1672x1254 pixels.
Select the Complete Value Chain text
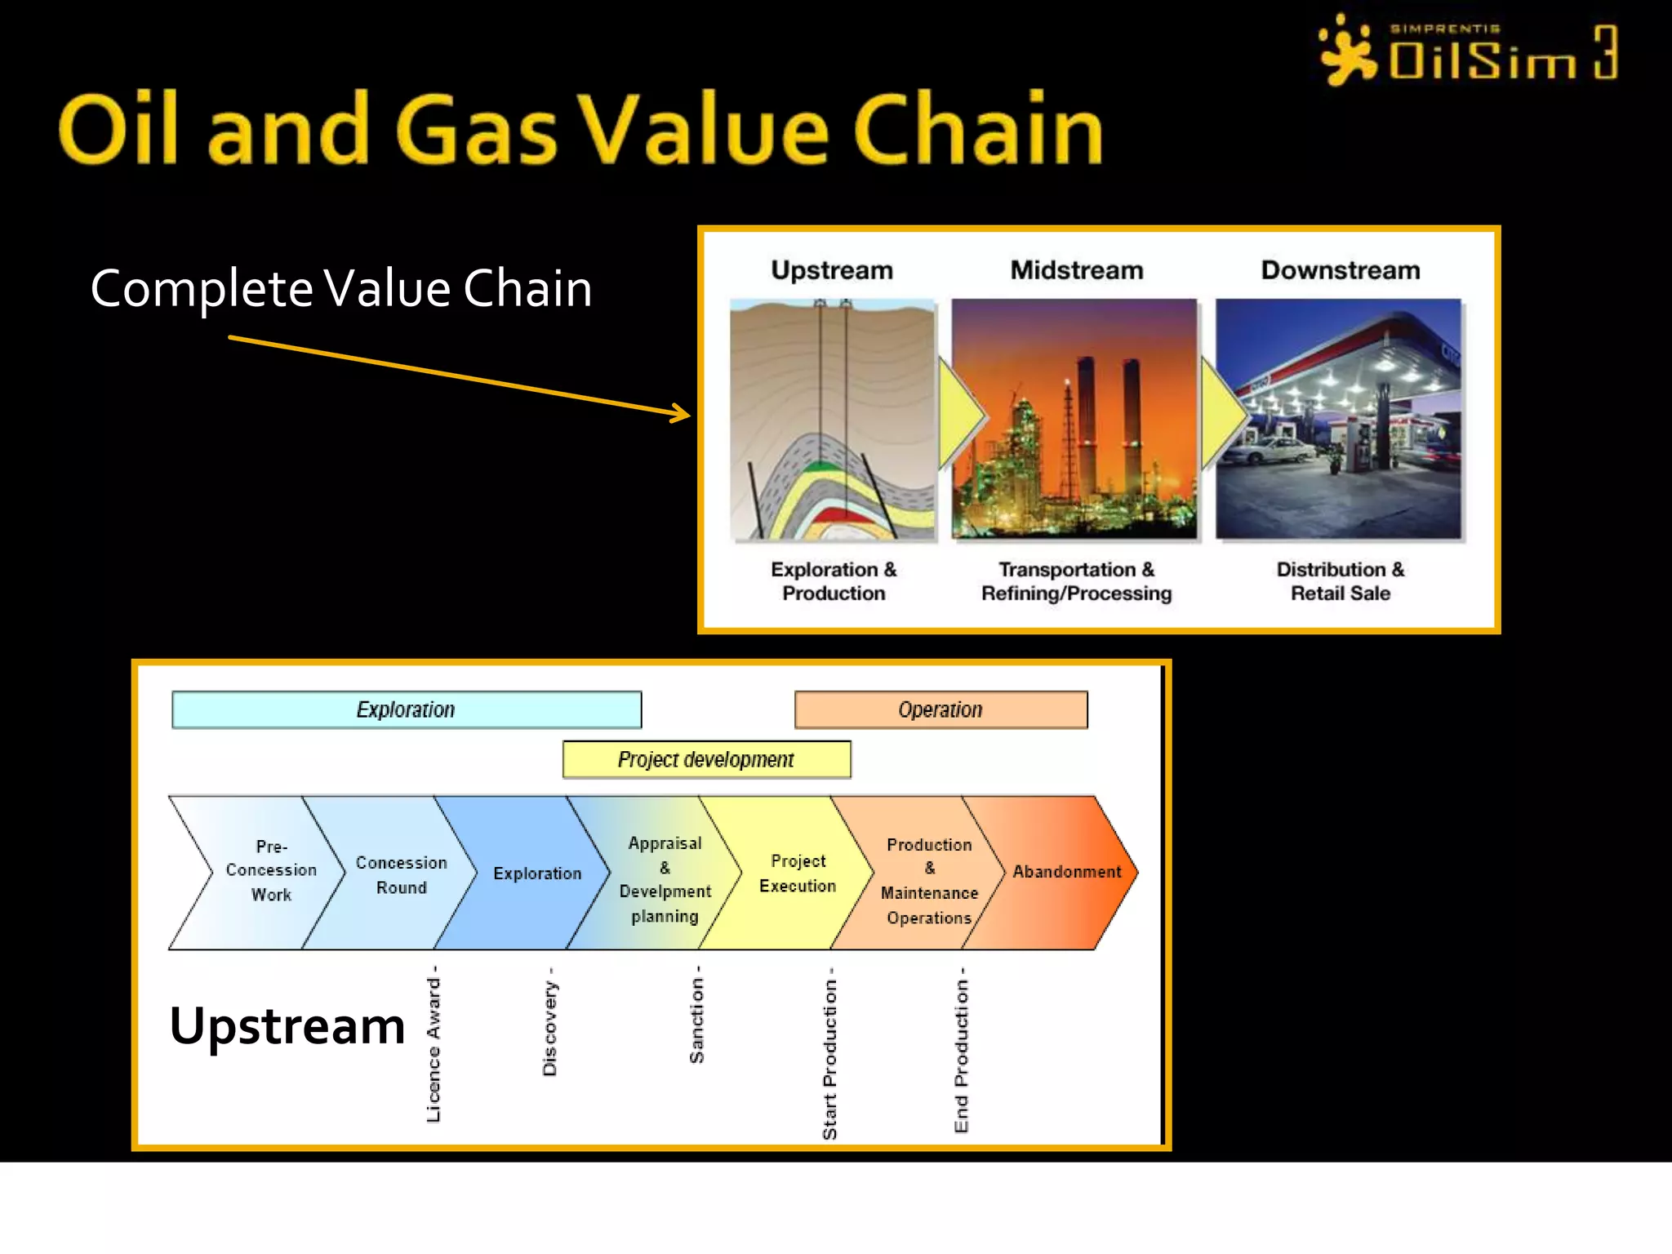pyautogui.click(x=341, y=288)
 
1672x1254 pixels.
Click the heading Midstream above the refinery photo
pyautogui.click(x=1076, y=270)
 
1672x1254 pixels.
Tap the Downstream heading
pyautogui.click(x=1340, y=270)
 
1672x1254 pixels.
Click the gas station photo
pyautogui.click(x=1338, y=419)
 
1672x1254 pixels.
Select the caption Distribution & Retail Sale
pyautogui.click(x=1340, y=581)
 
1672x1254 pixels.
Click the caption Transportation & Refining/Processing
pyautogui.click(x=1076, y=581)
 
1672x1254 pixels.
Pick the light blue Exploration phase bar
pyautogui.click(x=406, y=709)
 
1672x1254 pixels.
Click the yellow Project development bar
pyautogui.click(x=706, y=759)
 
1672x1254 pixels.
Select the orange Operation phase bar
pyautogui.click(x=940, y=709)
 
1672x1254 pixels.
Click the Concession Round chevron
pyautogui.click(x=400, y=874)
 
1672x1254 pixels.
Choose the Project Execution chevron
pyautogui.click(x=797, y=873)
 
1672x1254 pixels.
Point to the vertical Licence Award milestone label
pyautogui.click(x=434, y=1044)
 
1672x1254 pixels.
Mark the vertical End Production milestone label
pyautogui.click(x=961, y=1051)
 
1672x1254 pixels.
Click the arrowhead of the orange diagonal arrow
pyautogui.click(x=683, y=415)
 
